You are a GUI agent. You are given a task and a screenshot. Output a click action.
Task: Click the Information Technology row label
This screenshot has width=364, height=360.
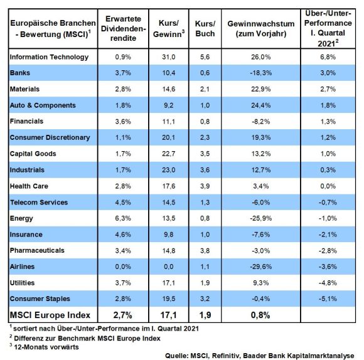(49, 57)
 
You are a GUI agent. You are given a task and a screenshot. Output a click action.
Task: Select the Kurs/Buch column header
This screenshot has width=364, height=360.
(205, 29)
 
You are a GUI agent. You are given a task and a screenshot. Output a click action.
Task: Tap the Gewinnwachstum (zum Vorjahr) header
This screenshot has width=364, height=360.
(261, 29)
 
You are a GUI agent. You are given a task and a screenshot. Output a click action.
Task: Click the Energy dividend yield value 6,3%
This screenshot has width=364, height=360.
(123, 218)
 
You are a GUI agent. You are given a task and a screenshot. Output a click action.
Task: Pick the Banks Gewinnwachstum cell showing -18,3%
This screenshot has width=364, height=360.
(261, 73)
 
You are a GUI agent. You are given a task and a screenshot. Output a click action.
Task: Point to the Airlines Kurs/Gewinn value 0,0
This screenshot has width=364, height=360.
(169, 267)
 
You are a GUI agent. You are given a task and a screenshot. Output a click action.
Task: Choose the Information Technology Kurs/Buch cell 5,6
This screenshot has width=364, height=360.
(205, 57)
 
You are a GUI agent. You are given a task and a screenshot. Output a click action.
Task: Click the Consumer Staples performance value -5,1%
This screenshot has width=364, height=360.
(328, 299)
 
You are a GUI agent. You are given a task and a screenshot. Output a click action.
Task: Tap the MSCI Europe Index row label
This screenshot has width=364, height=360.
(50, 315)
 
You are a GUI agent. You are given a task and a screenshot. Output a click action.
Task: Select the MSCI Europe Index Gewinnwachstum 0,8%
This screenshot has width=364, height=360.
(260, 315)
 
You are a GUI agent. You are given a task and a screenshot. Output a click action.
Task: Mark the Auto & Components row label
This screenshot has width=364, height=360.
(43, 105)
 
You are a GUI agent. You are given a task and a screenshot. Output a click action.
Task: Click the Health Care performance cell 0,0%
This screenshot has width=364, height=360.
(328, 186)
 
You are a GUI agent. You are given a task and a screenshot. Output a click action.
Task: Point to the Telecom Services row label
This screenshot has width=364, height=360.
(39, 203)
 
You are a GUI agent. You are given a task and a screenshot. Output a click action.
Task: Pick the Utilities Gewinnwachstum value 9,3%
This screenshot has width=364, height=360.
(261, 283)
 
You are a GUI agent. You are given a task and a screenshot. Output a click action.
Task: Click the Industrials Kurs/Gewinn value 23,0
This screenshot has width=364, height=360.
(169, 170)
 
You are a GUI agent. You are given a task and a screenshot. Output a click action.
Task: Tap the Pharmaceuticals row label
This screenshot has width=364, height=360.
(37, 250)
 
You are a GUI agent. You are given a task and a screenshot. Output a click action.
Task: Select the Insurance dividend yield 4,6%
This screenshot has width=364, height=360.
(123, 235)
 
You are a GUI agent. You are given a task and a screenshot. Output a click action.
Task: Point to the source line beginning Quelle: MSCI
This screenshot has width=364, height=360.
(260, 356)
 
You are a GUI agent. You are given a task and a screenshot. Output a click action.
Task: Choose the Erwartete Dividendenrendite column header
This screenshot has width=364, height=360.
(123, 28)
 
